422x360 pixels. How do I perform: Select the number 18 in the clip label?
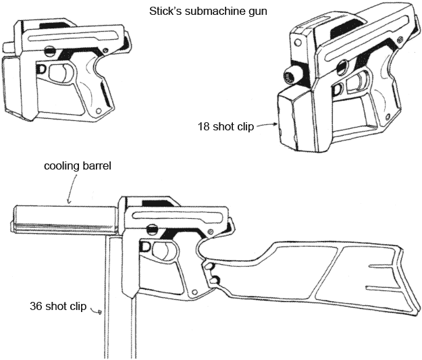[x=203, y=126]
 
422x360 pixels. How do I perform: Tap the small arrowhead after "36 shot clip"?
[x=99, y=311]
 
